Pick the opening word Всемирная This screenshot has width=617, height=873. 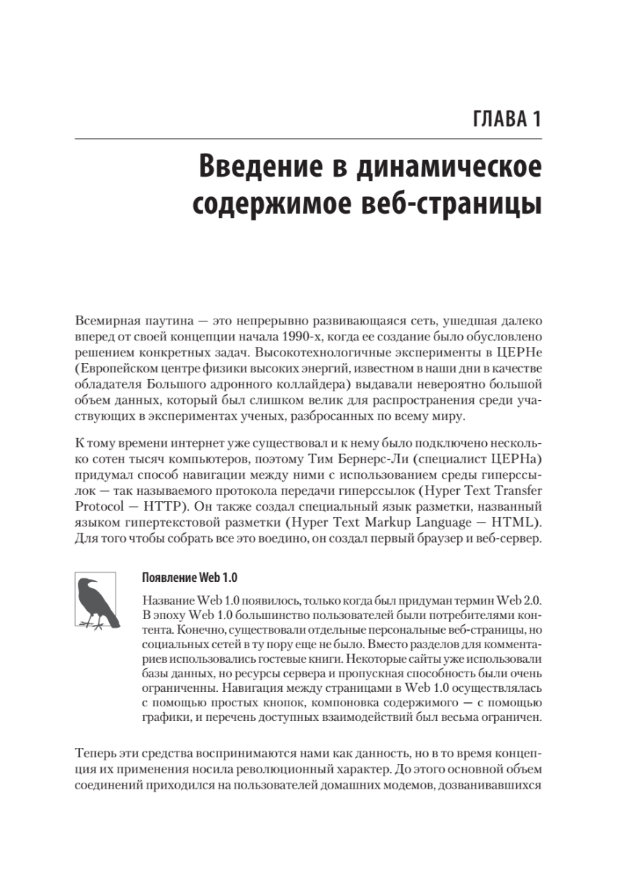pos(102,320)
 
